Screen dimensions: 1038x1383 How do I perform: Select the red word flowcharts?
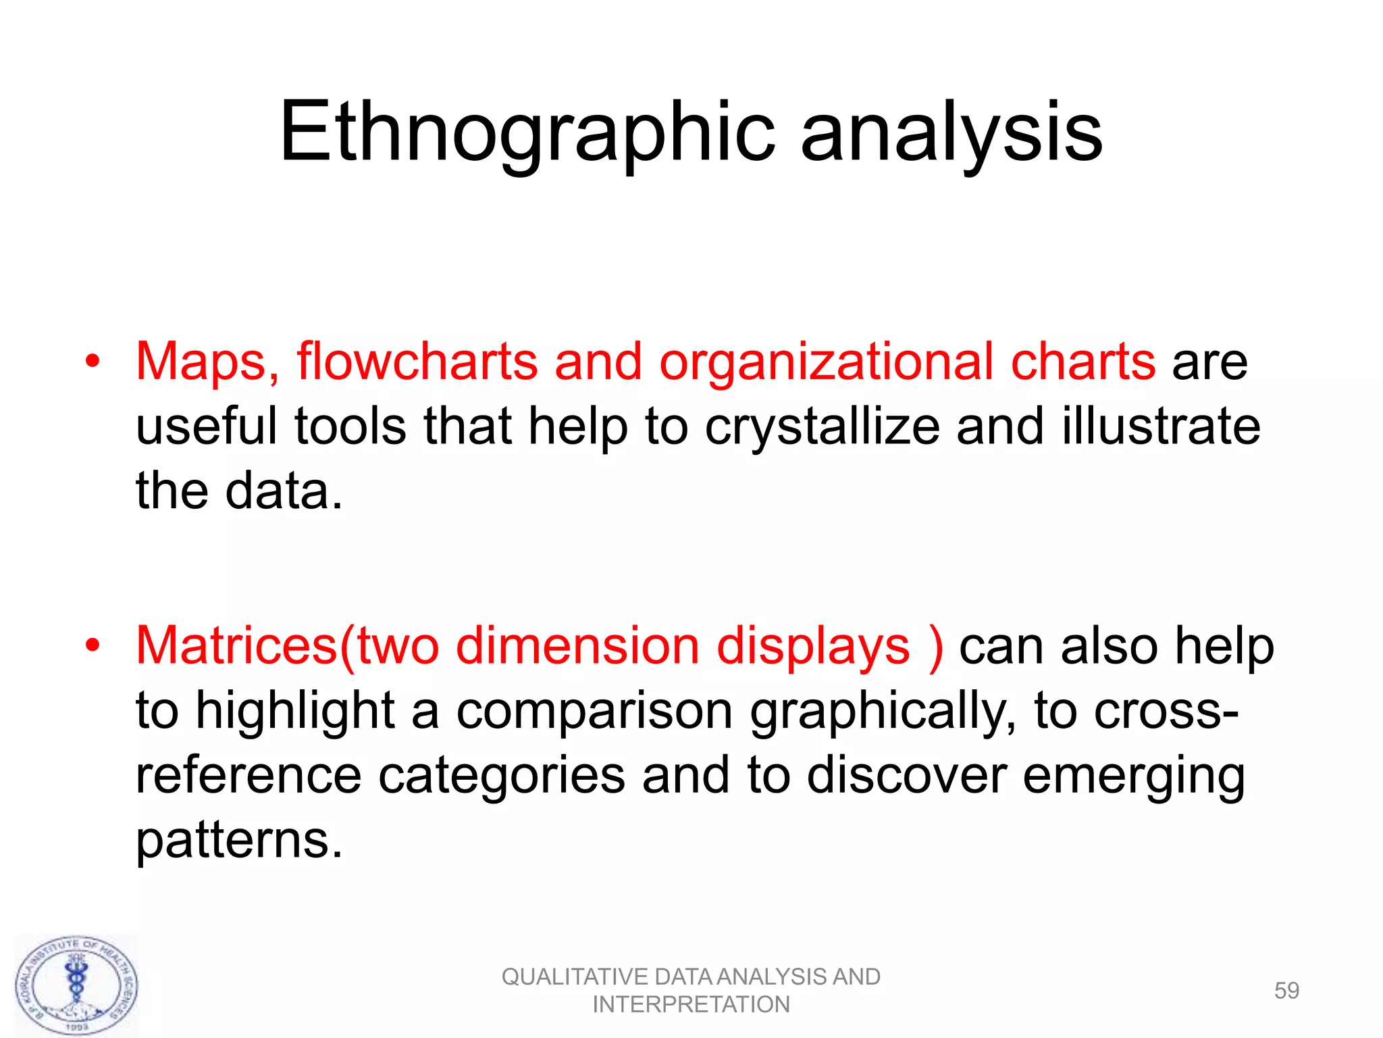click(417, 362)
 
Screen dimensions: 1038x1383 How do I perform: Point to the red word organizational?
click(825, 362)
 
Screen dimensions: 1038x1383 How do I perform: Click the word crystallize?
click(822, 427)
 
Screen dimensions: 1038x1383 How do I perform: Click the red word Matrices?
click(236, 646)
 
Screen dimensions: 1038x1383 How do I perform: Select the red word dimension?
click(577, 646)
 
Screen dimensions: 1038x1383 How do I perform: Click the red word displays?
click(813, 646)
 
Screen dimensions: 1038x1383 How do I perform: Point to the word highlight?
click(295, 711)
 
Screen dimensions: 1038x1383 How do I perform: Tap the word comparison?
click(594, 711)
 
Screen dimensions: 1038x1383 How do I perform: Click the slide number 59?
click(1286, 991)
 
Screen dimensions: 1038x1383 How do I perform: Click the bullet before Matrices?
click(93, 645)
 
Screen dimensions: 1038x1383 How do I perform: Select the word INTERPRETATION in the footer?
click(691, 1005)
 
